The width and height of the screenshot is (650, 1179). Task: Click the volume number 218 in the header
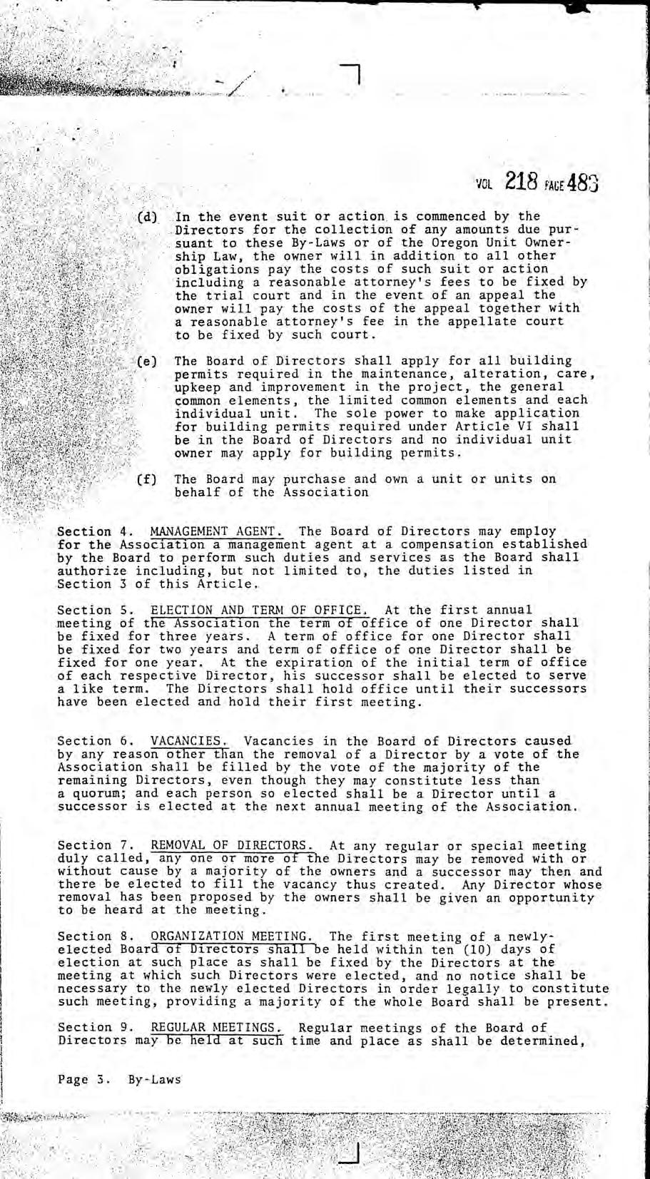(519, 182)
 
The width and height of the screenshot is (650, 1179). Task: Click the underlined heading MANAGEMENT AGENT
(217, 531)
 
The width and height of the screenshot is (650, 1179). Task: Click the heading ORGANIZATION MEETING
(232, 936)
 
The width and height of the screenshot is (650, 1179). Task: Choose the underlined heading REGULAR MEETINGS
(217, 1028)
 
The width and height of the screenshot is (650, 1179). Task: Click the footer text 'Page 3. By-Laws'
(119, 1079)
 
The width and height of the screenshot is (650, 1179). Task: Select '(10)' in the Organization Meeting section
(476, 949)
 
